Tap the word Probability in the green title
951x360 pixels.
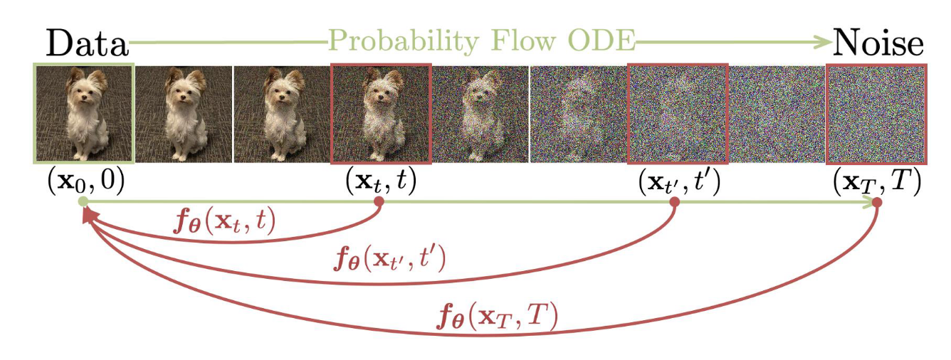[396, 43]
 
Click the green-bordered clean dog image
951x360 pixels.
[83, 112]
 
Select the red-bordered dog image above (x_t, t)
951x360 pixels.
[381, 112]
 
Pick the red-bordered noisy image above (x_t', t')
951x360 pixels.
[678, 112]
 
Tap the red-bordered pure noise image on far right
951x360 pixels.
[876, 112]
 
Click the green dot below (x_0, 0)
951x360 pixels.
[83, 202]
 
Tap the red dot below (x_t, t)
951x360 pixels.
[379, 202]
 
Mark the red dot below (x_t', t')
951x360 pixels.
[675, 202]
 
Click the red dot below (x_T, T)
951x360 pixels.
[877, 202]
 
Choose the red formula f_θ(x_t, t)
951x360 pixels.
[224, 223]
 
